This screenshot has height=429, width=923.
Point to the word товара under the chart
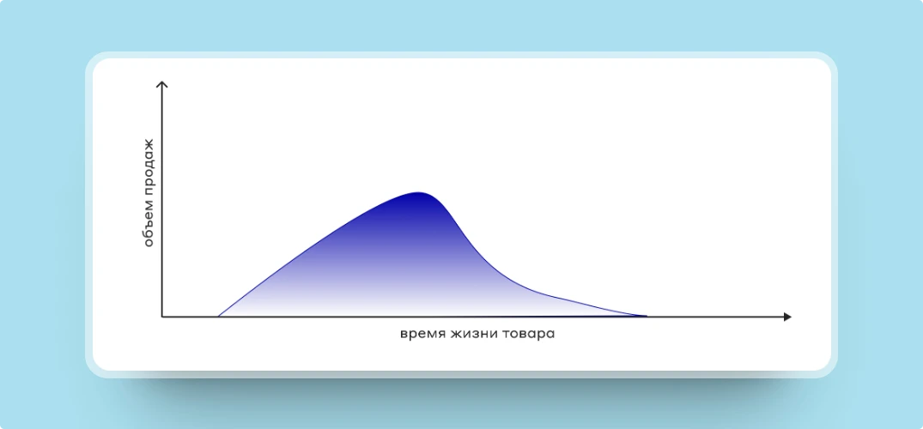point(529,335)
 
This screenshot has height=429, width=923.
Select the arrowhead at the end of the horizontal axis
point(787,317)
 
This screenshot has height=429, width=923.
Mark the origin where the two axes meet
point(162,317)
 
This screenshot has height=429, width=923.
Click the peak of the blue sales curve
point(418,192)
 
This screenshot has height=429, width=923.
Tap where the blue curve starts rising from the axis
point(218,317)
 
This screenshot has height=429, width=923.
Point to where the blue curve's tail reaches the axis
point(647,317)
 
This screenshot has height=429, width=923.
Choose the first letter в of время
point(404,335)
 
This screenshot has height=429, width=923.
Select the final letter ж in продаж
point(149,145)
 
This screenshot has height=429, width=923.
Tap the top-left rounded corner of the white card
point(98,63)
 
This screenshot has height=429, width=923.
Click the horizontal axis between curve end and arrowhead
point(715,317)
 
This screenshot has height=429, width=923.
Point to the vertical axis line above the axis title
point(162,112)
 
